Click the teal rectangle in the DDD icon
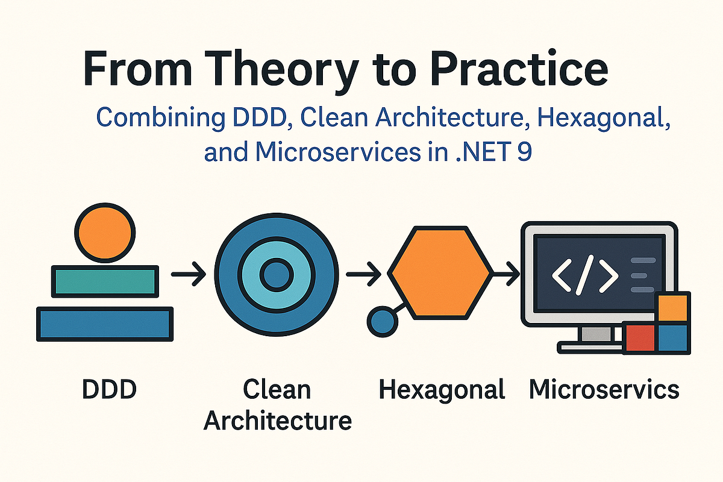click(x=105, y=281)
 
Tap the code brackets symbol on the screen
click(x=584, y=275)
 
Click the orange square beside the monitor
click(x=673, y=307)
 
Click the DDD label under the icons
click(x=109, y=390)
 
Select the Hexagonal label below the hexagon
click(x=442, y=390)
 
